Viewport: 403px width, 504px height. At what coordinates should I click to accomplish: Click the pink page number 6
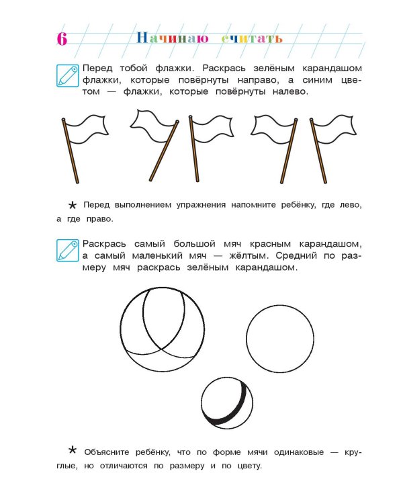(61, 38)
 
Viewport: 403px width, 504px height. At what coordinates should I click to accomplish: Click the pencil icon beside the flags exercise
(67, 75)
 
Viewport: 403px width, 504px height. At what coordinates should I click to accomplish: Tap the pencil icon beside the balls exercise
(67, 249)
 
